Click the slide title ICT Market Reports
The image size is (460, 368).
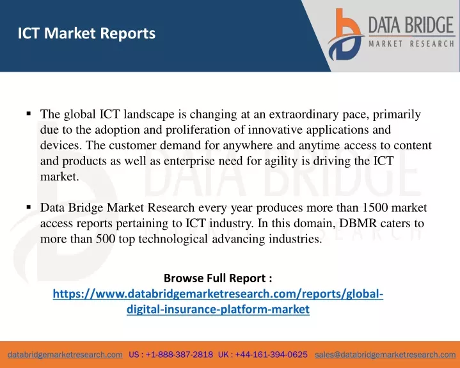(x=86, y=33)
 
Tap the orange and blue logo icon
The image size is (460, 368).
(x=346, y=35)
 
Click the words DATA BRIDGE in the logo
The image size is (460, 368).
(x=411, y=25)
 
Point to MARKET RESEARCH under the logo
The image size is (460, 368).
(x=411, y=44)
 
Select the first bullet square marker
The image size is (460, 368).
(x=28, y=113)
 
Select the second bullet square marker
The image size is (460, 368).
(x=28, y=207)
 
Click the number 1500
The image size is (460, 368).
(x=375, y=207)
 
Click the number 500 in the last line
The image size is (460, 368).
(x=106, y=239)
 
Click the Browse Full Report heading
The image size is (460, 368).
(x=218, y=278)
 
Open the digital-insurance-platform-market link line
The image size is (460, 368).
(x=218, y=309)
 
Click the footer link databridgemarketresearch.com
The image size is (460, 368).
(x=65, y=355)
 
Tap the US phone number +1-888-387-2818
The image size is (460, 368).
(x=179, y=355)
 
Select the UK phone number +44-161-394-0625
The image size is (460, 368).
(x=271, y=355)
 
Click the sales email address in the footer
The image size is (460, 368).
(x=385, y=355)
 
